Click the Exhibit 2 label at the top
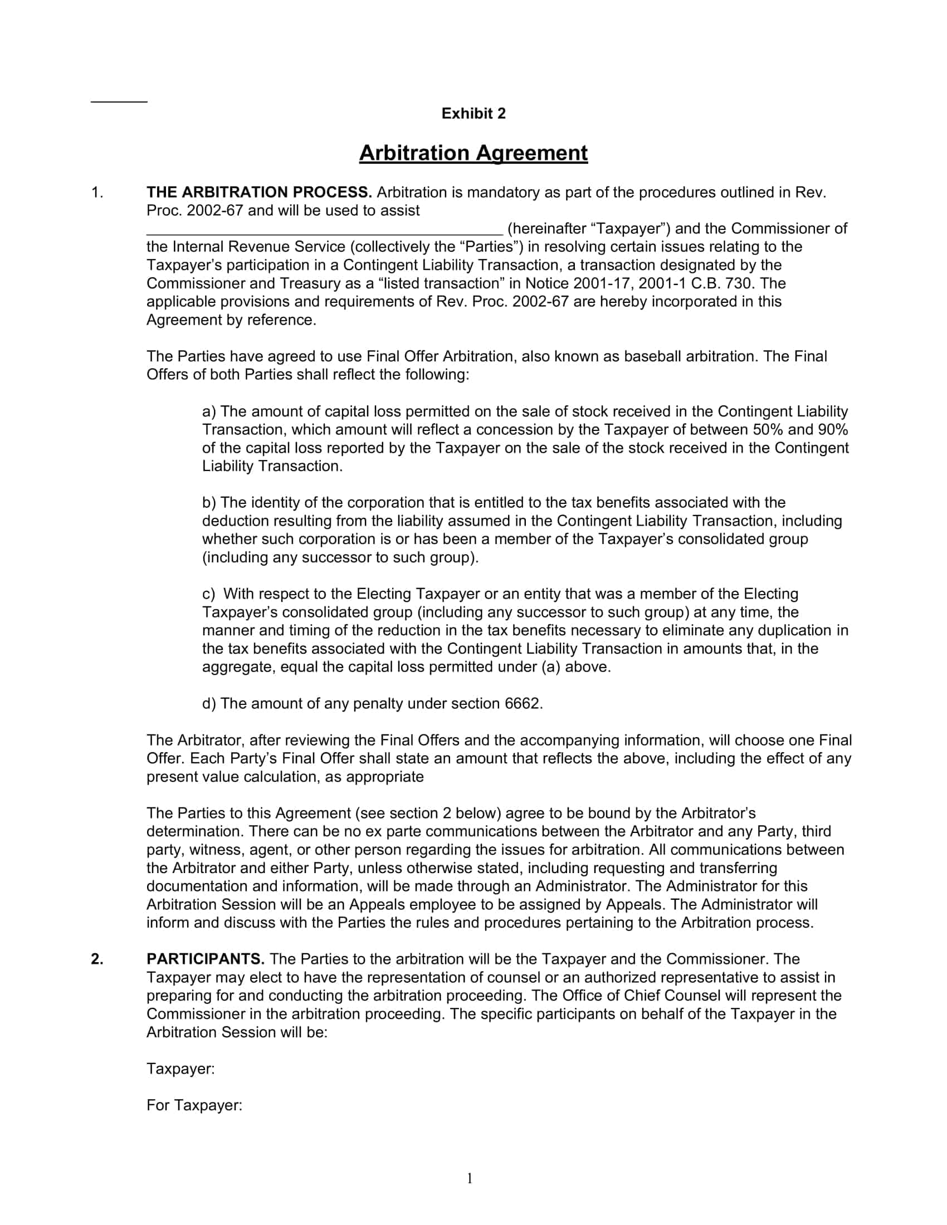473,113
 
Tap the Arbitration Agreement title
473,153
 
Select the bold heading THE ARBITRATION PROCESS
258,193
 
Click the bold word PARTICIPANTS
206,959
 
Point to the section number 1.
97,193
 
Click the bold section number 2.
97,959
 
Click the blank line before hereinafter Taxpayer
324,230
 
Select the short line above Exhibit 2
119,101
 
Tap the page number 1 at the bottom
470,1178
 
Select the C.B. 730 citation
723,283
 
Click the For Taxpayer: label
194,1105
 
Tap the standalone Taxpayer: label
180,1069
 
